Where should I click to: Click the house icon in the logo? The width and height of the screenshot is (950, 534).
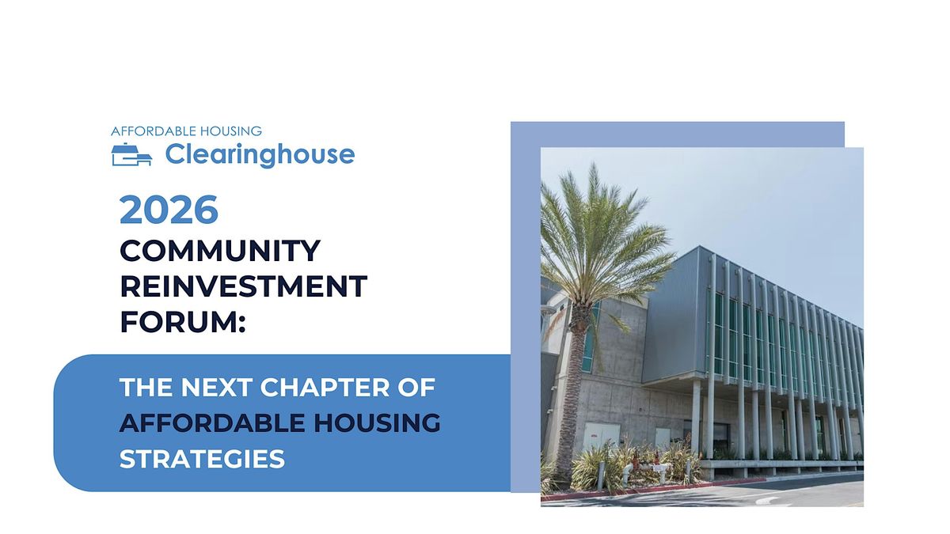131,155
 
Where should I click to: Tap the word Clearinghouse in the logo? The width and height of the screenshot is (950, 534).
260,154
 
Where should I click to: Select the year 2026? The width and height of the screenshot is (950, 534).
169,210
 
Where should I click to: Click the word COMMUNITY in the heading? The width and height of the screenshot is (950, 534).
220,251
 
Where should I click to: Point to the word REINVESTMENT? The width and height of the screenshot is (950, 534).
243,286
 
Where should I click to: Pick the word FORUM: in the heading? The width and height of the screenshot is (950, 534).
183,321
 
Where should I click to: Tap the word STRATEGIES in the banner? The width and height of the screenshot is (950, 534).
202,459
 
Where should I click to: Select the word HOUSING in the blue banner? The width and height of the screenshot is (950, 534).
375,423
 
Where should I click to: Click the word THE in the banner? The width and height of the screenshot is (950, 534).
144,388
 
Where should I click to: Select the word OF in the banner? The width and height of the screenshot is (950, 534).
419,388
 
